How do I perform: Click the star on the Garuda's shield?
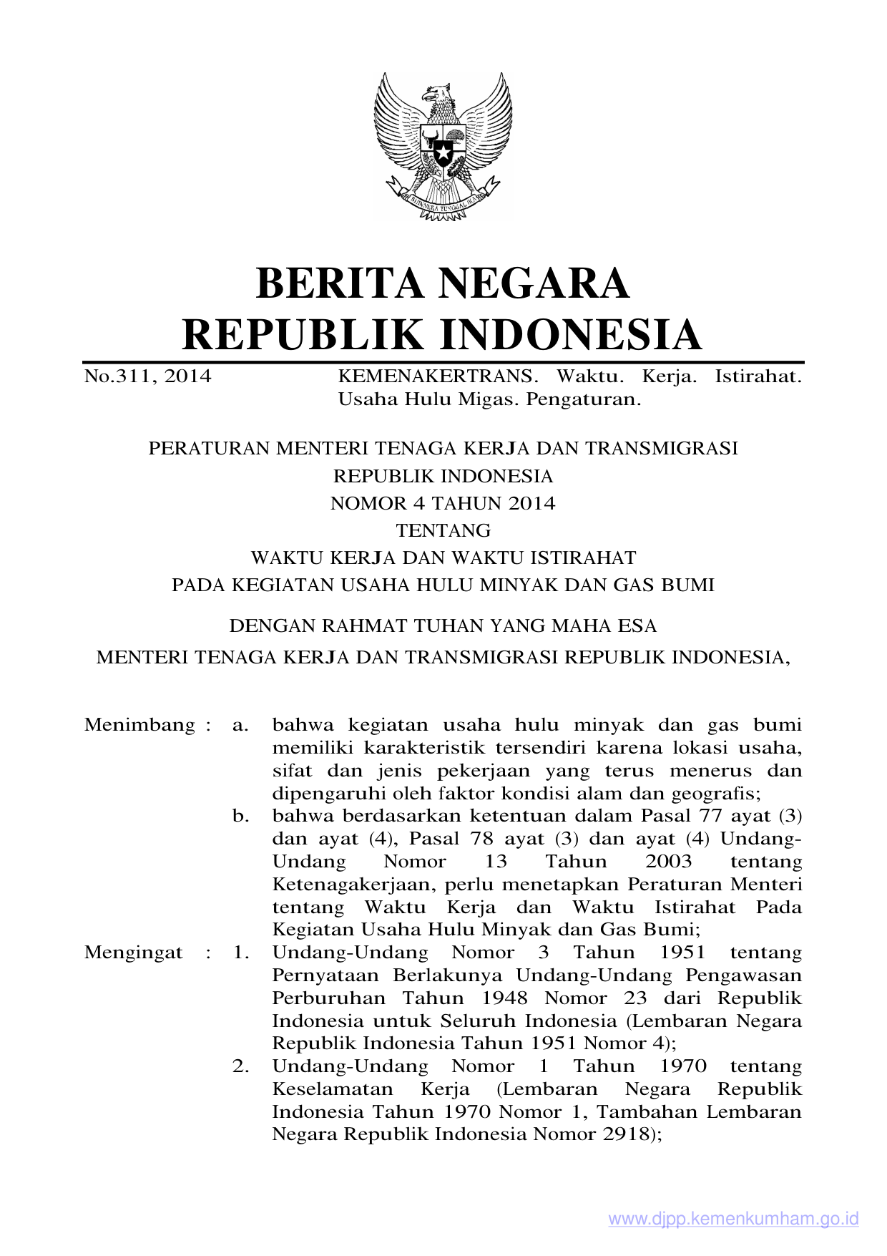point(443,152)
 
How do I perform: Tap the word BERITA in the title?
point(340,283)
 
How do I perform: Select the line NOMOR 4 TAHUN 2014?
point(443,504)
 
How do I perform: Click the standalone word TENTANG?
point(443,531)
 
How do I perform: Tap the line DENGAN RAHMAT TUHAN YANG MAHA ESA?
point(443,626)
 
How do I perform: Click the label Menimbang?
point(139,725)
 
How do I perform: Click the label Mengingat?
point(134,953)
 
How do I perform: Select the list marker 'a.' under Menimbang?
point(240,725)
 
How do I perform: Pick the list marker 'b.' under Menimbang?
point(240,816)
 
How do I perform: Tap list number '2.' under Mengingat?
point(240,1066)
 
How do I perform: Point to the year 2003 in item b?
point(668,862)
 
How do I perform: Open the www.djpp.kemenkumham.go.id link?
point(733,1220)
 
